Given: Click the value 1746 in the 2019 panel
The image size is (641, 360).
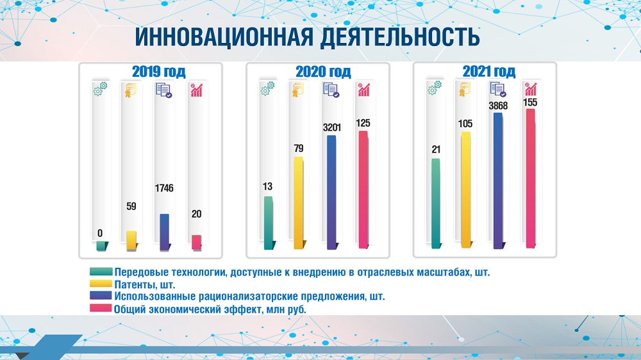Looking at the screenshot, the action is tap(164, 188).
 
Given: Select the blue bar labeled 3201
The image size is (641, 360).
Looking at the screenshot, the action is tap(332, 192).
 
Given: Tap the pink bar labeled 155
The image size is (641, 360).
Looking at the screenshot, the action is tap(531, 178).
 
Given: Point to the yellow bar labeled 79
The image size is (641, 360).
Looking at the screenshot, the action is tap(299, 202).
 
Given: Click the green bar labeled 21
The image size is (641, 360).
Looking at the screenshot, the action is tap(437, 204).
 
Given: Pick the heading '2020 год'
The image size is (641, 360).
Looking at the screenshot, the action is tap(323, 72).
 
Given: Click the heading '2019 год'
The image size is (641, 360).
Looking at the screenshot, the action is tap(158, 72).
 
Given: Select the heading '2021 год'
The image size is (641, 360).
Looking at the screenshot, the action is tap(489, 72).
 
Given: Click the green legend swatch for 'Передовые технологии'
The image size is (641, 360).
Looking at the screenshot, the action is tap(101, 272).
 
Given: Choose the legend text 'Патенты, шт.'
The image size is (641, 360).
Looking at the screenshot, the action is tap(145, 284).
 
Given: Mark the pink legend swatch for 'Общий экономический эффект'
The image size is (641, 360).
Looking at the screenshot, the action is tap(101, 307).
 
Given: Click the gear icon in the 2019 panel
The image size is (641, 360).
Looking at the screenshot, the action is tap(100, 89).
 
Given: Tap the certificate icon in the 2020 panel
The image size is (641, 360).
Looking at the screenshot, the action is tap(297, 90).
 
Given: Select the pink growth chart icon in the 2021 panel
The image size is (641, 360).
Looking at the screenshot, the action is tap(531, 89).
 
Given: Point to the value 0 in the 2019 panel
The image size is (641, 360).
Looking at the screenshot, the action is tap(100, 233).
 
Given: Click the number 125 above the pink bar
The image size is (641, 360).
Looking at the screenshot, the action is tap(363, 123).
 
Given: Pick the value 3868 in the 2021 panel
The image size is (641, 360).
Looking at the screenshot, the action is tap(498, 106).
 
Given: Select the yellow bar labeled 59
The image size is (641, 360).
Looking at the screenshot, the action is tap(131, 241).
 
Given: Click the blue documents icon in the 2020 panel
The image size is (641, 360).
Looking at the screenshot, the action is tap(331, 90).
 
